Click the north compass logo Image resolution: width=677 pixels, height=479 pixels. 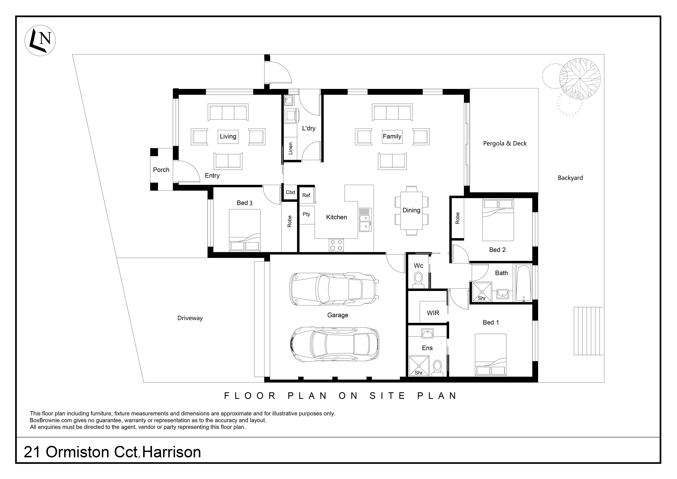point(40,40)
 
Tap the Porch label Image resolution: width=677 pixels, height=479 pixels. point(161,170)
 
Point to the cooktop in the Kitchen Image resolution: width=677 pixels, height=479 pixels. point(336,245)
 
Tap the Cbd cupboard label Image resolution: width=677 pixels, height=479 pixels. point(290,192)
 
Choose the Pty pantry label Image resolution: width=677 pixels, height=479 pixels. point(306,214)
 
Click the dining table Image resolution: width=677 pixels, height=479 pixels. point(411,210)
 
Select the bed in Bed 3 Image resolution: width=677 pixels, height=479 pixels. point(245,230)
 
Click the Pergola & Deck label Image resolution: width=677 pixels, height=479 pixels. point(505,143)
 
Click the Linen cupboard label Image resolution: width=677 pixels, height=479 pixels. point(290,148)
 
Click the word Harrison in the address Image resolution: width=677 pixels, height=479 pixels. point(172,452)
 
